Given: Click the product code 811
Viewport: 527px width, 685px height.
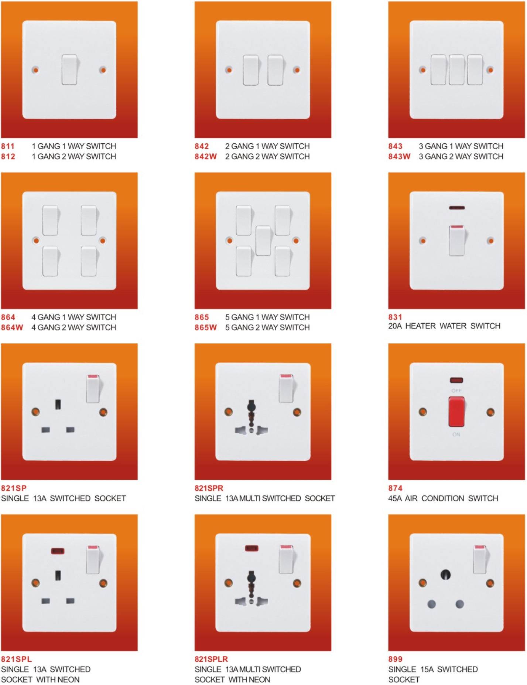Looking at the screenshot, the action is pyautogui.click(x=8, y=146).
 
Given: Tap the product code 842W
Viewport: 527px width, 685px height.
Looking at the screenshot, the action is pyautogui.click(x=206, y=157).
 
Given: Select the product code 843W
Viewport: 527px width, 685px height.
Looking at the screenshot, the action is pyautogui.click(x=399, y=157).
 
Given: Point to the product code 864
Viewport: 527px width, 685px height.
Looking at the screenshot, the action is pyautogui.click(x=8, y=317).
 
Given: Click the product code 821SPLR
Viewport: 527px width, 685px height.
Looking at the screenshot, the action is pyautogui.click(x=211, y=659).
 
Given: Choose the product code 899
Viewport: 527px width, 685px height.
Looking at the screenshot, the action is pyautogui.click(x=395, y=659).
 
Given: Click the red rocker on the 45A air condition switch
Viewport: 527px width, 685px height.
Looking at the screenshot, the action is pyautogui.click(x=456, y=412).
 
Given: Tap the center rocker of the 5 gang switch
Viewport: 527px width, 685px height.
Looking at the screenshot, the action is pyautogui.click(x=263, y=241).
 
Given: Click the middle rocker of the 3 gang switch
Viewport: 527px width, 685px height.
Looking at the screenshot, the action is pyautogui.click(x=456, y=70).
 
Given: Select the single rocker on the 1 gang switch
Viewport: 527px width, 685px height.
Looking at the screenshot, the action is pyautogui.click(x=69, y=70).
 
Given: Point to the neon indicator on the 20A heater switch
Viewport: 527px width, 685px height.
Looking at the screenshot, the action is pyautogui.click(x=457, y=208).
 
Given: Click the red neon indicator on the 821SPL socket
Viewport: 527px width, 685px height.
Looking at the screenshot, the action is pyautogui.click(x=58, y=551).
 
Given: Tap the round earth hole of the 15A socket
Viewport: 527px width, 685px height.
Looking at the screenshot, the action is pyautogui.click(x=446, y=575).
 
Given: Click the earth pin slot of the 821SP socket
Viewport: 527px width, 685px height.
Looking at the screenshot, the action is pyautogui.click(x=58, y=404).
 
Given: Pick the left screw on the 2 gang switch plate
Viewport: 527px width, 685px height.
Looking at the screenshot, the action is pyautogui.click(x=229, y=70).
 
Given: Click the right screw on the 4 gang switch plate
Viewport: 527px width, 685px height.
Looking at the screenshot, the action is pyautogui.click(x=103, y=241).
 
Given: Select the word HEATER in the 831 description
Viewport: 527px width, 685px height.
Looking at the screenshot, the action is pyautogui.click(x=421, y=326).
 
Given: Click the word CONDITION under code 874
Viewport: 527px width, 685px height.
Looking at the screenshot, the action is pyautogui.click(x=443, y=498).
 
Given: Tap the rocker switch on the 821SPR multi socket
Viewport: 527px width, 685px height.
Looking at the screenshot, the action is pyautogui.click(x=286, y=389).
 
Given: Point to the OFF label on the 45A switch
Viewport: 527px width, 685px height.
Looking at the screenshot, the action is pyautogui.click(x=456, y=391).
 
